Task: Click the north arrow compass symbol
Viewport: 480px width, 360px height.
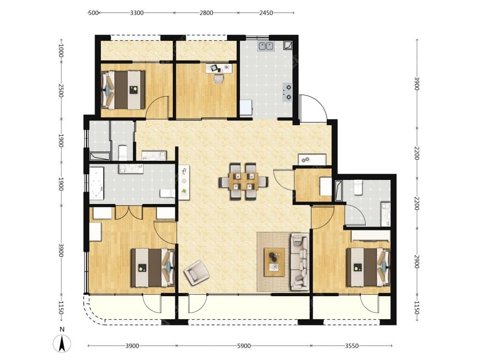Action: (x=62, y=343)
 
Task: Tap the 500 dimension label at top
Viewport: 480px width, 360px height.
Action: (x=93, y=13)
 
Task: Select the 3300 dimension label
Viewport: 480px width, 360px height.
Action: (x=136, y=13)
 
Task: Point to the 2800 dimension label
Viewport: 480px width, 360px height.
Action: (x=206, y=13)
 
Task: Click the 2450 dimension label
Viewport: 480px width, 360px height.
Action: (x=266, y=13)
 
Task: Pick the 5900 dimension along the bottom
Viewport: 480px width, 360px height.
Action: (x=244, y=346)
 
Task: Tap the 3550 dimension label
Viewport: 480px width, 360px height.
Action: (x=352, y=346)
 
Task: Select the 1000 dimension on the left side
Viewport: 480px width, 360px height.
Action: (x=61, y=51)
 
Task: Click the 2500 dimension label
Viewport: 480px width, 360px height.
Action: (x=61, y=91)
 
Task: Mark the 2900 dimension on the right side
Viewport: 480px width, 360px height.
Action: (x=416, y=262)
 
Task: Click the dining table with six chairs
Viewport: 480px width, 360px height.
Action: (x=243, y=181)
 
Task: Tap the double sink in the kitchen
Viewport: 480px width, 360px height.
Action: (x=266, y=46)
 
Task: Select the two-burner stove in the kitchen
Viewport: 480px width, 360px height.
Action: (x=287, y=92)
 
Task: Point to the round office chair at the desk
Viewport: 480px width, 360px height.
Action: (x=218, y=78)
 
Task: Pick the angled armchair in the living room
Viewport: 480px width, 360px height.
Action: (x=197, y=273)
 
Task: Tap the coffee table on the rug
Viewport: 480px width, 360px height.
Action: (x=274, y=262)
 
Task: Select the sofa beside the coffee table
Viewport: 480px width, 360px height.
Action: (x=300, y=262)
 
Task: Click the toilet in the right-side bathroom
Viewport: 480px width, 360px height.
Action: (x=358, y=187)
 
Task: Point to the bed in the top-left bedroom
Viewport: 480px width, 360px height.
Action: (x=123, y=90)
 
